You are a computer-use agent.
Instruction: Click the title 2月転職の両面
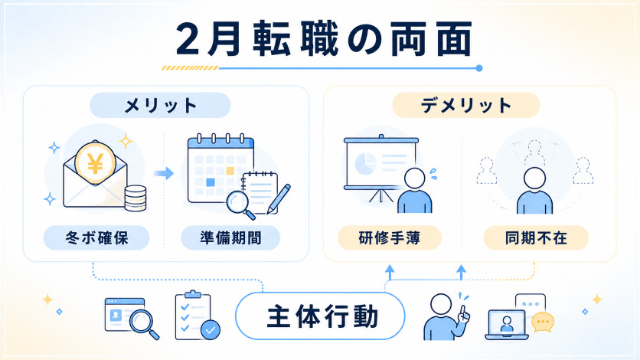click(324, 39)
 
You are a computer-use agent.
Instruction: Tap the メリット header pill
click(160, 105)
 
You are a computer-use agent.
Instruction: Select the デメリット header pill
click(465, 105)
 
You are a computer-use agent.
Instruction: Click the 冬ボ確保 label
click(96, 237)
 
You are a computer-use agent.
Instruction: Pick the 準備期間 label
click(230, 237)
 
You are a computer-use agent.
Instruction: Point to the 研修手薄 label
click(390, 237)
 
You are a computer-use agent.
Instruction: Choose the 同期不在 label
click(536, 237)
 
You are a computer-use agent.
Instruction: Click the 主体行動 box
click(321, 316)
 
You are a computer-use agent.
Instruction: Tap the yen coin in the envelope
click(96, 163)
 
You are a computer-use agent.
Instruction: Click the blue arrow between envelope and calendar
click(164, 173)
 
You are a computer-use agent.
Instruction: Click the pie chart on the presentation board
click(365, 163)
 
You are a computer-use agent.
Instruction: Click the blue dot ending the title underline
click(479, 68)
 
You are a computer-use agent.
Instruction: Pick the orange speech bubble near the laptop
click(543, 322)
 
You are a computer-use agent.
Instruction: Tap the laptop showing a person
click(507, 325)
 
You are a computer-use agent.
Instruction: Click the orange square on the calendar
click(230, 171)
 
